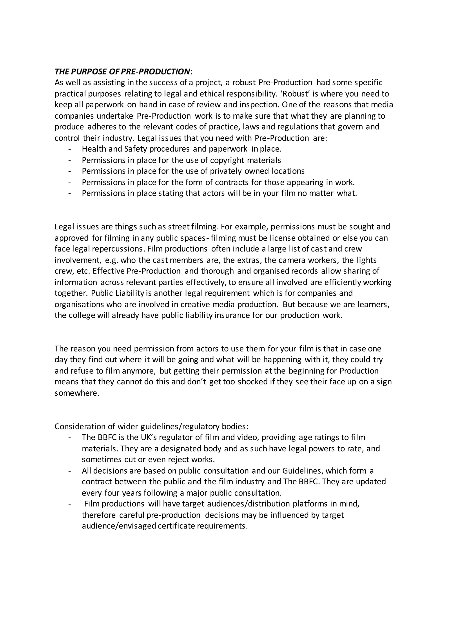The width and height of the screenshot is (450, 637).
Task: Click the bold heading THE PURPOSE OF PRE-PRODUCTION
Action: click(122, 72)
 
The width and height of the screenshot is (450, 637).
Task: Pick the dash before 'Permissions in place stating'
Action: click(69, 193)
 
